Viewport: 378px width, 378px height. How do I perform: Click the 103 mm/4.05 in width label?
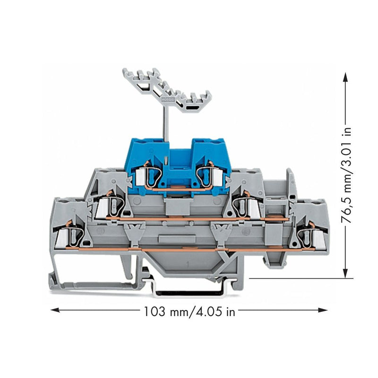(x=189, y=311)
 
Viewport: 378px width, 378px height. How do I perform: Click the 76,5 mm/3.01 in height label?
(x=347, y=175)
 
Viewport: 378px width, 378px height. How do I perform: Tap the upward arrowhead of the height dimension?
(x=346, y=78)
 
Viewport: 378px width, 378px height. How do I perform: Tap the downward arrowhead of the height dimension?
(x=346, y=273)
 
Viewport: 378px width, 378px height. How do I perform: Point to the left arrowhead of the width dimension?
(x=55, y=310)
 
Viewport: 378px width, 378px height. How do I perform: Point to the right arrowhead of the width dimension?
(x=323, y=310)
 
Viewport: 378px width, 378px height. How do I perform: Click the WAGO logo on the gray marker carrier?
(x=166, y=99)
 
